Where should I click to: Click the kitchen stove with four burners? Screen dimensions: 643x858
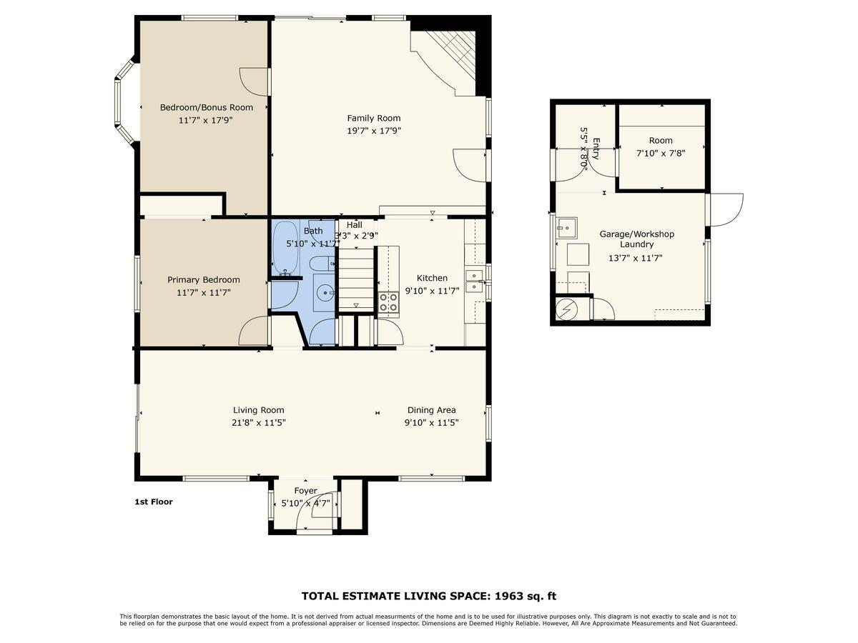388,303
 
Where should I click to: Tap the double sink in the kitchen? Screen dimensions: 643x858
474,281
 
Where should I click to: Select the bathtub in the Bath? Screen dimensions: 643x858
287,246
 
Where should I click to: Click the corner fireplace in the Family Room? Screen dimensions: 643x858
454,57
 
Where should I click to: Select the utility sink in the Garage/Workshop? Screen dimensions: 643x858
568,228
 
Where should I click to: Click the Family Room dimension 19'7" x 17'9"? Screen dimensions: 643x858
374,131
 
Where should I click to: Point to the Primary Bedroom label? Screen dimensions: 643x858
204,279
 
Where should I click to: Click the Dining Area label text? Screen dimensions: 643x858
431,410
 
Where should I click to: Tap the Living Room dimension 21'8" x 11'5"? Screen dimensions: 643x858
258,422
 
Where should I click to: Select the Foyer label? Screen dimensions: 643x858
305,491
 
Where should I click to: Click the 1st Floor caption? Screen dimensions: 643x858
154,502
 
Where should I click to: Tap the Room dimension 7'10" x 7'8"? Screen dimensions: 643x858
661,152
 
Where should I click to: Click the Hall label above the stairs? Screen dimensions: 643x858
354,224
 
